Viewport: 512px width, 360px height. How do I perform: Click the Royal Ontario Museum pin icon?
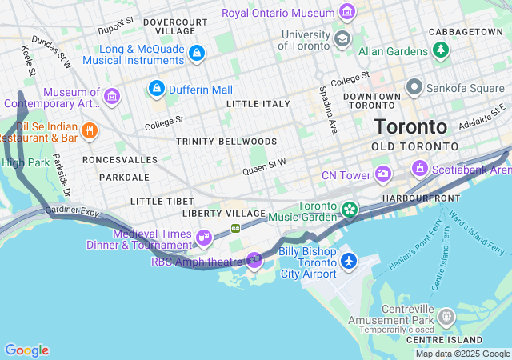(x=346, y=12)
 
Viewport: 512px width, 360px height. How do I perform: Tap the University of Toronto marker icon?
(x=342, y=38)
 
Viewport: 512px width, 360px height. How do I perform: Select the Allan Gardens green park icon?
(x=440, y=50)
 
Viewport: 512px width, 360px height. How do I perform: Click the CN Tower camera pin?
(x=383, y=174)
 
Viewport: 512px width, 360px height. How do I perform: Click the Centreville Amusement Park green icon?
(x=446, y=319)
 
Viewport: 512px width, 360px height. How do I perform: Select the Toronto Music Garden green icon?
(x=349, y=210)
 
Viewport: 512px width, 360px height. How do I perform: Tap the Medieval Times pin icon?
(x=204, y=237)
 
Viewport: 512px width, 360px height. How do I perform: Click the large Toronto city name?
(x=411, y=127)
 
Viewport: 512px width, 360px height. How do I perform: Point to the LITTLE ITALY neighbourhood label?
(x=258, y=104)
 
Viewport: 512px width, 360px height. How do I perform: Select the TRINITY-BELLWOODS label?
(x=226, y=142)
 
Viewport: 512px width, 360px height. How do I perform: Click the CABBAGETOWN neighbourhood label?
(x=466, y=31)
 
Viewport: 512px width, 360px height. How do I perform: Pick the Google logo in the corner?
(x=26, y=350)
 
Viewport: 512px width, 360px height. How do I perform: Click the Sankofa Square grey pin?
(x=414, y=86)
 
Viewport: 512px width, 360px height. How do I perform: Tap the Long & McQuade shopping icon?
(x=197, y=54)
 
